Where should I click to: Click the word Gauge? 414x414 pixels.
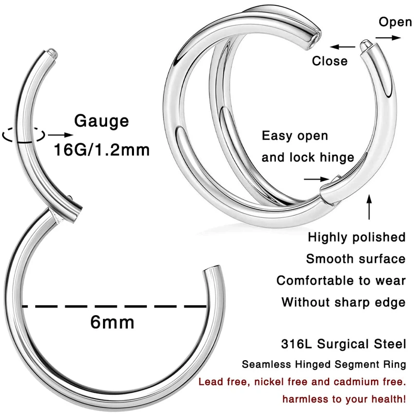101,121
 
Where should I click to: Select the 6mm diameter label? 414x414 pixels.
112,322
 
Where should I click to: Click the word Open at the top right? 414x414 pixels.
395,22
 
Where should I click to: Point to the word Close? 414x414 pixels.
330,61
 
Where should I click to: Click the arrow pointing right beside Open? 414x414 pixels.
388,38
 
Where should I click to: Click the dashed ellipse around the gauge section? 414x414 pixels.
21,135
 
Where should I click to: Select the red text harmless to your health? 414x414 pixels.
344,400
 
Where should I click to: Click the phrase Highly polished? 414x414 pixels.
357,237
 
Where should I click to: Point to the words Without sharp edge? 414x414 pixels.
344,302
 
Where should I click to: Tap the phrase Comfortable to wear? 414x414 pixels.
341,280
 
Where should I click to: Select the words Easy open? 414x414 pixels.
294,136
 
